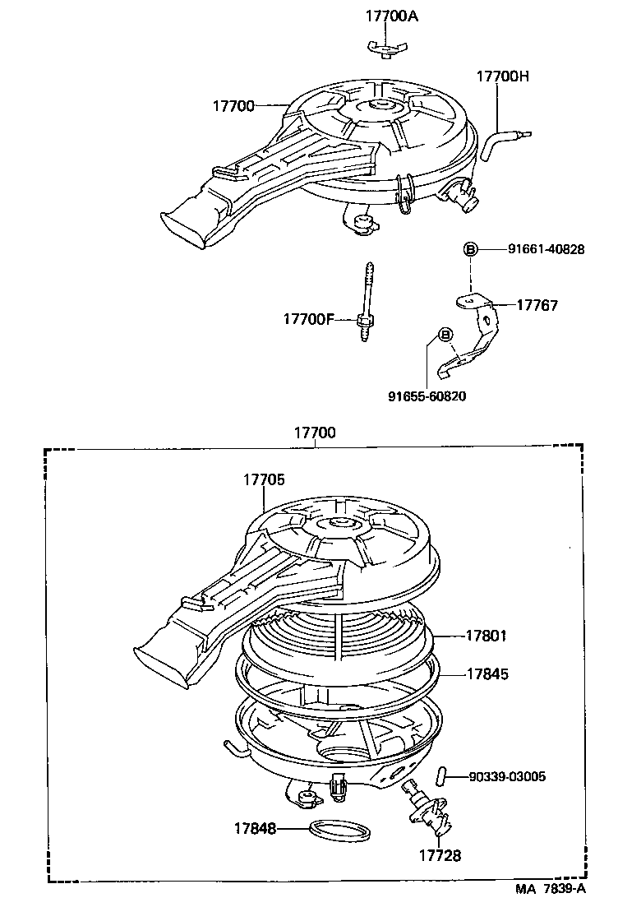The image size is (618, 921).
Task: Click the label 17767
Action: pos(537,305)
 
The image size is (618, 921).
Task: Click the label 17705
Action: pos(264,479)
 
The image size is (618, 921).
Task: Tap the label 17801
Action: pos(487,636)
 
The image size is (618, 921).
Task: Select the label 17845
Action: pos(487,673)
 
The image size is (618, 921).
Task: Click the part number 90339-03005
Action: pos(507,776)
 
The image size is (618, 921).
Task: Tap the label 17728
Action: pos(440,855)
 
